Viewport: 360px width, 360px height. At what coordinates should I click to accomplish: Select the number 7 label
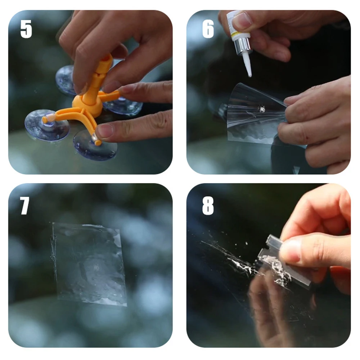24,206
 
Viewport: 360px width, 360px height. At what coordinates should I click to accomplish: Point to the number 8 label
208,206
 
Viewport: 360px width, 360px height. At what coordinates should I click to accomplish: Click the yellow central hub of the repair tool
87,104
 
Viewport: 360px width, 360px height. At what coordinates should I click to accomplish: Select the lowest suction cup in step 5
95,146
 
